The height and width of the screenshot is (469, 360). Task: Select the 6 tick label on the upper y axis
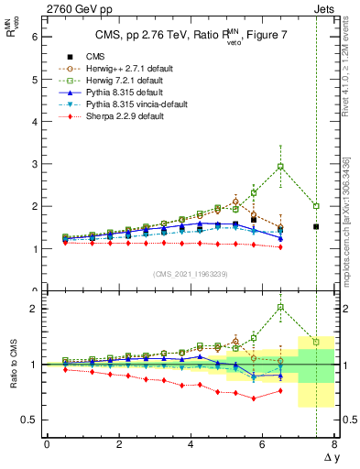point(34,38)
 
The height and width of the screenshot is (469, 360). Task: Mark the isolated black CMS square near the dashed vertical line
point(316,226)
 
